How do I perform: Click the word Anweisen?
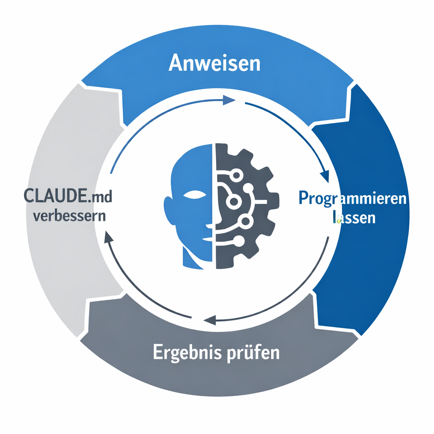[x=214, y=64]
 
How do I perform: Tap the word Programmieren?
[x=352, y=199]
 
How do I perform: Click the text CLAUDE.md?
[x=69, y=197]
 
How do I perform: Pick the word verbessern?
[x=69, y=216]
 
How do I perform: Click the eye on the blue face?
[x=194, y=196]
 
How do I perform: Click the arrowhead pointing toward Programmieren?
[x=325, y=175]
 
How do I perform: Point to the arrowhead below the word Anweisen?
[x=229, y=100]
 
